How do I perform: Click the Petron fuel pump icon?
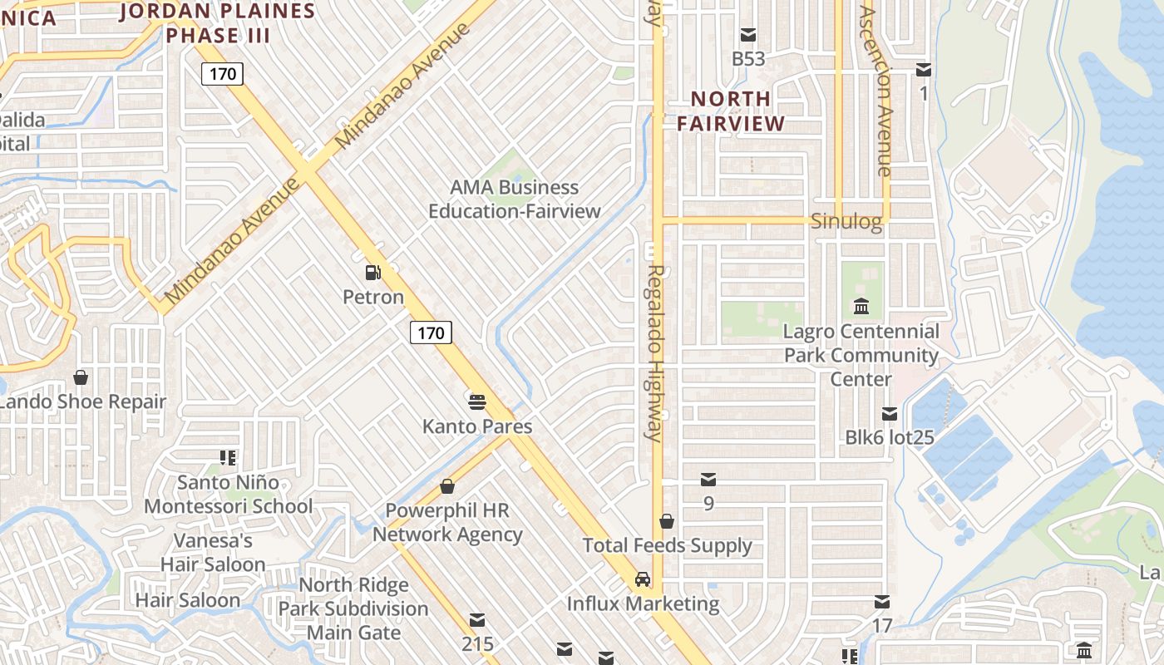373,272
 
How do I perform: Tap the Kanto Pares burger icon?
477,402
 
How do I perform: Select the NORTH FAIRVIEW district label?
731,111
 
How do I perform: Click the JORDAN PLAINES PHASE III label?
218,23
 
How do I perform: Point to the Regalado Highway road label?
655,353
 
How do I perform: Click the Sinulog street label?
846,221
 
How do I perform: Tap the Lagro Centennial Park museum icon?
861,306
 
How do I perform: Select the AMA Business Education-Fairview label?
514,199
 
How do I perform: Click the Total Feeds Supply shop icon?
667,521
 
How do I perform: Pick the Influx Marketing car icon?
643,579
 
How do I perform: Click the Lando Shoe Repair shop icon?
81,378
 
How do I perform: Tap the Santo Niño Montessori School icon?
228,458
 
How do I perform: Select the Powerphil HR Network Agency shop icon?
447,486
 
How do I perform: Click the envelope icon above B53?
748,35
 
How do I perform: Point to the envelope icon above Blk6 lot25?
890,413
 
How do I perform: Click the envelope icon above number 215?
477,620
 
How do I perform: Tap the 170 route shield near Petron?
431,333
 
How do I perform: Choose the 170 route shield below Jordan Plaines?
223,74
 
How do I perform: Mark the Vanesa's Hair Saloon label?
213,553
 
